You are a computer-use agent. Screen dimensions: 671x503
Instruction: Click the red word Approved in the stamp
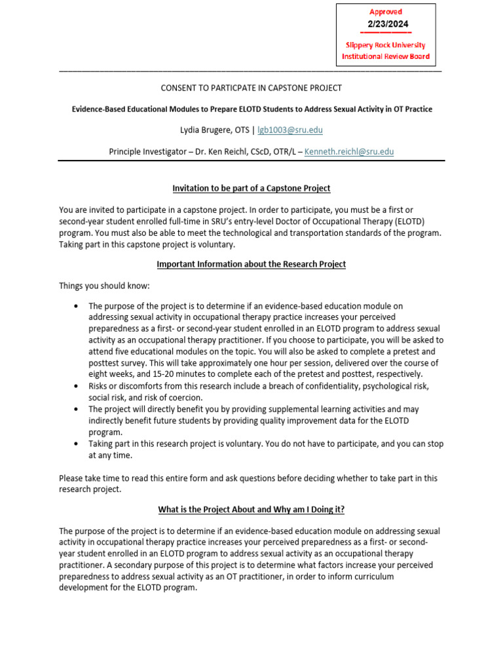tap(386, 12)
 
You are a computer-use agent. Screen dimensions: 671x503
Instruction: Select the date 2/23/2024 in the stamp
tap(386, 24)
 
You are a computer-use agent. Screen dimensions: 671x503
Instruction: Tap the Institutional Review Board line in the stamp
tap(386, 56)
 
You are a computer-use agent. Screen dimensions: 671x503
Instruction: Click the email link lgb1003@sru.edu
tap(290, 130)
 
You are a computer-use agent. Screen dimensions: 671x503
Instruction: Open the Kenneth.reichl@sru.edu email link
tap(349, 151)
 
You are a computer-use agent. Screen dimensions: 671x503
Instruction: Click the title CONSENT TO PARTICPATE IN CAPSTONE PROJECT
tap(251, 88)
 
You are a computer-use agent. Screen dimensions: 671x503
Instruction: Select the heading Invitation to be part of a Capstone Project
tap(251, 188)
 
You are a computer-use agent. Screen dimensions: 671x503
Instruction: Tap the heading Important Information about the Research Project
tap(251, 264)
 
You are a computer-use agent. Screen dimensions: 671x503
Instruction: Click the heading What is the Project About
tap(251, 509)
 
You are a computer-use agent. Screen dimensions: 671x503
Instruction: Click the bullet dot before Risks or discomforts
tap(77, 387)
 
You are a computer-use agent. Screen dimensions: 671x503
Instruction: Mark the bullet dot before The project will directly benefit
tap(77, 410)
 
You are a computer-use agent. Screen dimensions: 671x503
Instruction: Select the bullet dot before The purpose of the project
tap(77, 306)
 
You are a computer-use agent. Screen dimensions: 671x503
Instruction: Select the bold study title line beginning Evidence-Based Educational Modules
tap(251, 109)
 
